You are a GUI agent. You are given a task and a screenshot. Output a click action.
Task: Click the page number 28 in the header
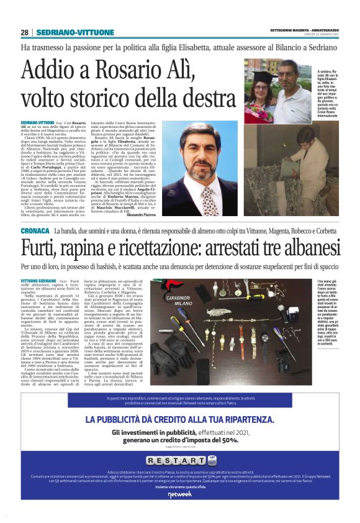(x=24, y=32)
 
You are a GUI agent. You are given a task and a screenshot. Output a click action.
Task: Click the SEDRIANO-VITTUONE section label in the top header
(x=65, y=32)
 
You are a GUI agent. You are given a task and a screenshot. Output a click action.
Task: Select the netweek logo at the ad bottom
(x=180, y=511)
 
